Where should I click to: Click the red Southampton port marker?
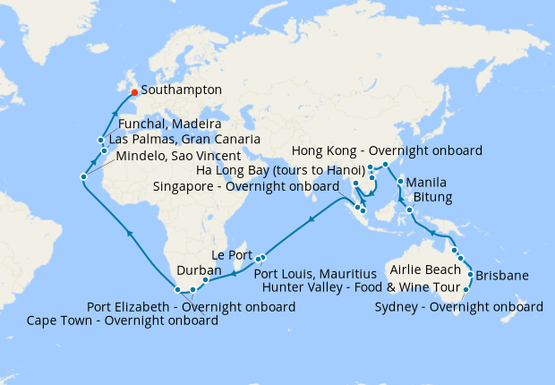[x=134, y=91]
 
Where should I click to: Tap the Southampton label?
[x=178, y=90]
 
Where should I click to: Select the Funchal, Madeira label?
[x=170, y=124]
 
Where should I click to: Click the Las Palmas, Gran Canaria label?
[x=184, y=140]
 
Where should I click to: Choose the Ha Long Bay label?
[x=277, y=169]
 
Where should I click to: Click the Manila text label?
[x=426, y=183]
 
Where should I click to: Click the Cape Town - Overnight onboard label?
[x=123, y=320]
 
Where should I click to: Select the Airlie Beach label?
[x=425, y=269]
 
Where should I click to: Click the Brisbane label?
[x=502, y=275]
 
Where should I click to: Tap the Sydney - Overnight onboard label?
[x=459, y=307]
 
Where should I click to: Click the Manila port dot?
[x=399, y=182]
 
